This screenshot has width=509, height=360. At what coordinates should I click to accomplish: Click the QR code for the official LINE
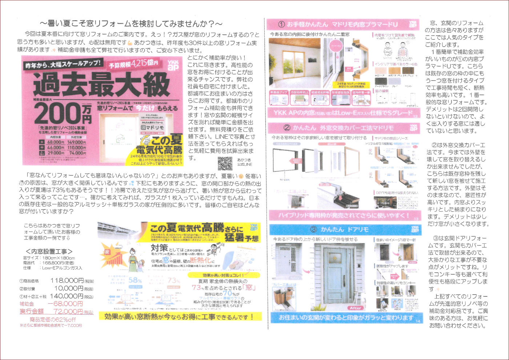pyautogui.click(x=225, y=163)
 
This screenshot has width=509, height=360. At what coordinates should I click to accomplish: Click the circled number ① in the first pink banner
pyautogui.click(x=281, y=24)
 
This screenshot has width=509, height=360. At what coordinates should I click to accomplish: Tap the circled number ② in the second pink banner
pyautogui.click(x=287, y=128)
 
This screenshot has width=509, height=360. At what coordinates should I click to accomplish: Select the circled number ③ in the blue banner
pyautogui.click(x=313, y=230)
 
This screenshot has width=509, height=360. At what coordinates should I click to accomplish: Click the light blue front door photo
pyautogui.click(x=338, y=276)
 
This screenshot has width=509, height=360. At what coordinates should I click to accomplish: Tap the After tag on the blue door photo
pyautogui.click(x=356, y=308)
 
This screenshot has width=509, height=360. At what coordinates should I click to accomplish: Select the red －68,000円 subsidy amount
pyautogui.click(x=65, y=304)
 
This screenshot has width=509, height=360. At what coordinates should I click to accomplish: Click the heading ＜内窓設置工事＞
pyautogui.click(x=49, y=251)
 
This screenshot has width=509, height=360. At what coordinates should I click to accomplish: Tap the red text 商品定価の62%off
pyautogui.click(x=53, y=320)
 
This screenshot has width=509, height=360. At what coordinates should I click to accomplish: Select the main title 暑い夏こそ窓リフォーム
pyautogui.click(x=131, y=24)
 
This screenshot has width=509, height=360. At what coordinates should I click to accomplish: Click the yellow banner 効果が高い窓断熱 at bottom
pyautogui.click(x=180, y=317)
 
